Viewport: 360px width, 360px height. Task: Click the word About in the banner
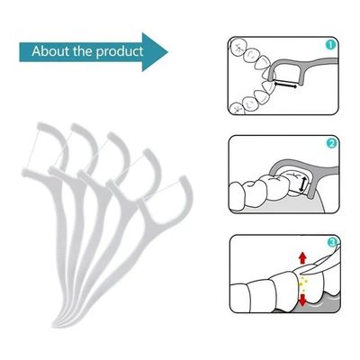point(52,50)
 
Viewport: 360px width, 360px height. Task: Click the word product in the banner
point(121,51)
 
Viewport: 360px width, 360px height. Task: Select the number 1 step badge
point(330,44)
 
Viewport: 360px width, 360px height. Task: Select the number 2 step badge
point(330,143)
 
